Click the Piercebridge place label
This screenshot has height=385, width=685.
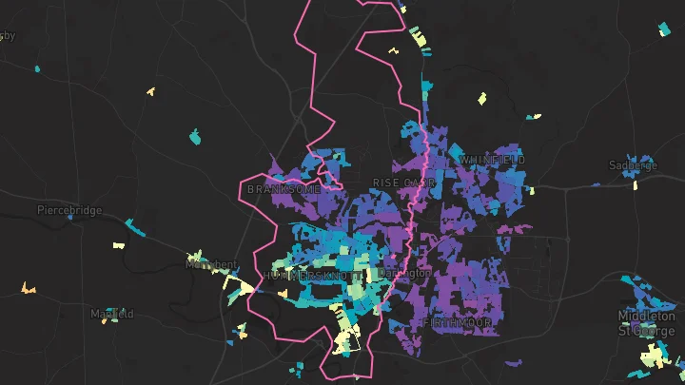pos(68,210)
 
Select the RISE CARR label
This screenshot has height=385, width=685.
pos(403,182)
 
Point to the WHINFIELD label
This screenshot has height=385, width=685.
pos(492,160)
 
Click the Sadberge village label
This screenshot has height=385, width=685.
pos(633,165)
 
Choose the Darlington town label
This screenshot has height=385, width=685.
pos(405,273)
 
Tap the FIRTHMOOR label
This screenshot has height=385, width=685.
pos(458,323)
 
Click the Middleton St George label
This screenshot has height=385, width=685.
pos(647,322)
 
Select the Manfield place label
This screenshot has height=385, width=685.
pos(111,314)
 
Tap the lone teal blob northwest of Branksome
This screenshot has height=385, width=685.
pos(195,137)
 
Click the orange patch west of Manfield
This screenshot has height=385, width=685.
pos(28,287)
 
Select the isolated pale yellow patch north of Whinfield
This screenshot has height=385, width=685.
pos(481,97)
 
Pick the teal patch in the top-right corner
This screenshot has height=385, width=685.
pos(664,29)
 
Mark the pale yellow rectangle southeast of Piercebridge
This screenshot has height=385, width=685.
pos(119,245)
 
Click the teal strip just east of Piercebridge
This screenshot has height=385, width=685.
pos(135,227)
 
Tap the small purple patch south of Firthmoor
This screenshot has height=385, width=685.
pos(515,363)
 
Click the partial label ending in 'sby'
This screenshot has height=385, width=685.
pos(8,36)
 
